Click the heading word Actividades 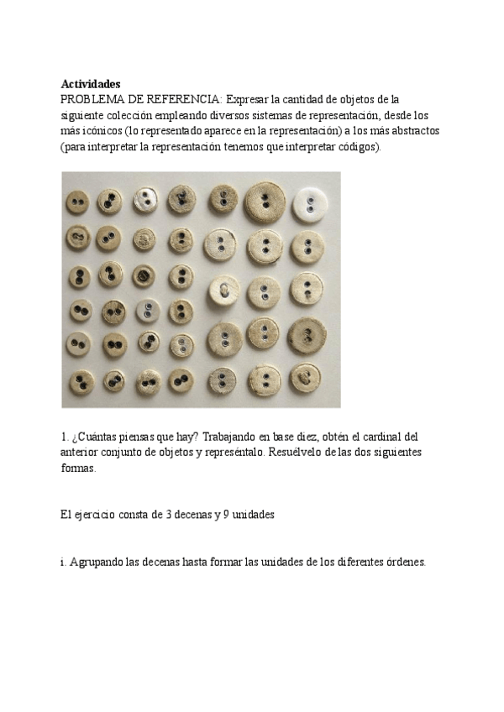point(91,84)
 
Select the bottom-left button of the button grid point(81,382)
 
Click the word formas point(78,469)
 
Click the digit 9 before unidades point(226,515)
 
